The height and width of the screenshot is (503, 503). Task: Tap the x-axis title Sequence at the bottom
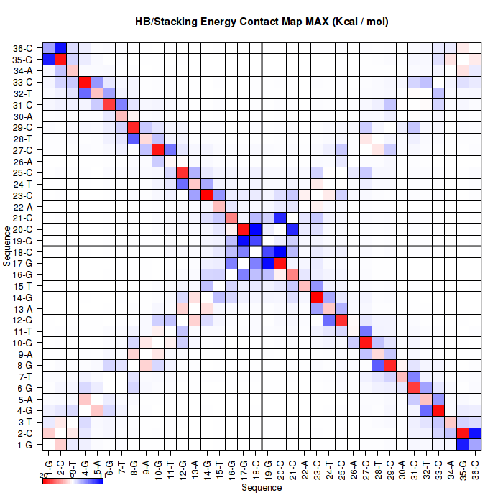click(262, 488)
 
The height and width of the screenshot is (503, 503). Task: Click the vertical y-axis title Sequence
click(6, 246)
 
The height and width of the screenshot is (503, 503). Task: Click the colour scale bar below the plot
click(73, 481)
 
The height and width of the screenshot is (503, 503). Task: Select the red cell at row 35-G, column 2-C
click(61, 59)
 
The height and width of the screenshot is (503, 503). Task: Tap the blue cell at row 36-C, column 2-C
click(61, 47)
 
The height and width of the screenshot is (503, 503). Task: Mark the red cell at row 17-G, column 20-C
click(280, 264)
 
